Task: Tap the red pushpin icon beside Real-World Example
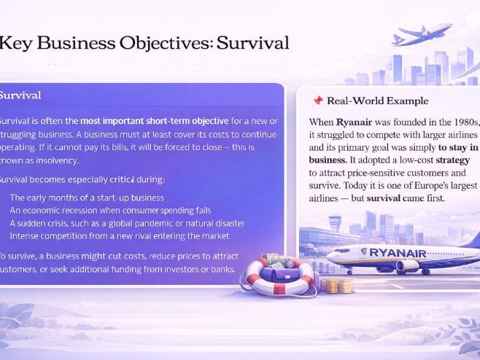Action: [317, 101]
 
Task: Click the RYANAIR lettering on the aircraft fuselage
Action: [397, 253]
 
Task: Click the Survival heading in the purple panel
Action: [20, 95]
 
